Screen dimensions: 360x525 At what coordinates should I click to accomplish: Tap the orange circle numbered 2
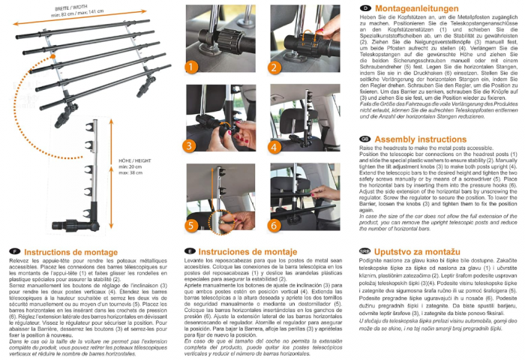click(x=274, y=66)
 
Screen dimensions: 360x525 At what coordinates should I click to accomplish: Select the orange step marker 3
click(x=190, y=145)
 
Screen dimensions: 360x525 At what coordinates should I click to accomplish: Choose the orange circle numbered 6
click(x=274, y=223)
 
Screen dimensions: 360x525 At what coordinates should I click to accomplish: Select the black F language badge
click(x=14, y=253)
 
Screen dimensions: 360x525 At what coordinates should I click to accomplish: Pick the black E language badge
click(x=191, y=253)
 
